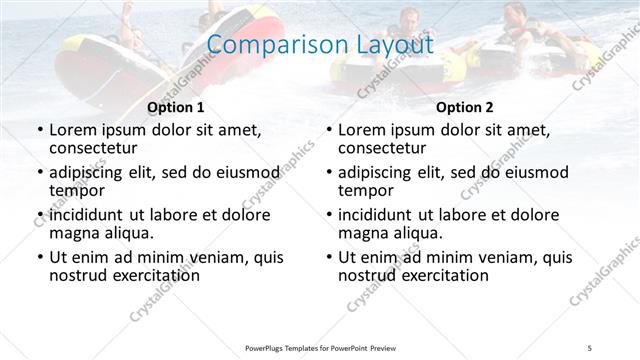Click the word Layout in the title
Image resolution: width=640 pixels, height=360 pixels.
point(393,46)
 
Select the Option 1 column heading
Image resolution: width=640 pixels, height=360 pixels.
point(176,107)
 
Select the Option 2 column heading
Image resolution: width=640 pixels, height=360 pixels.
point(465,107)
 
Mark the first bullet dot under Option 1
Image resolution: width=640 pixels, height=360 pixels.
point(39,131)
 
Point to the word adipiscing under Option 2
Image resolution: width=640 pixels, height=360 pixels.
point(384,172)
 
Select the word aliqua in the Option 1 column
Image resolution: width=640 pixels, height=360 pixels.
point(127,234)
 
